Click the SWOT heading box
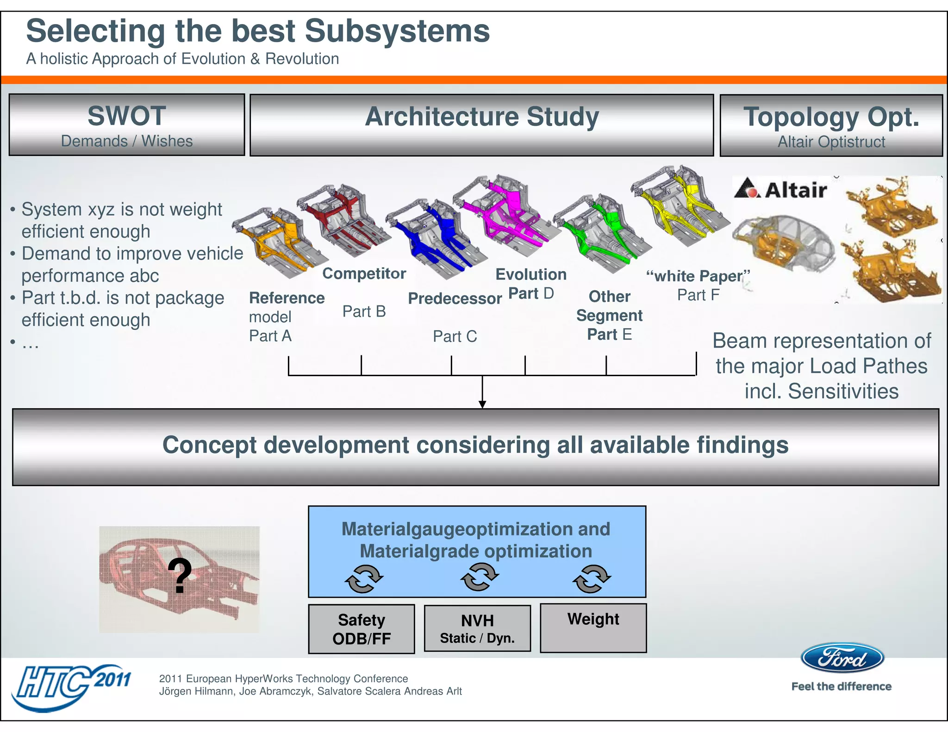pos(126,125)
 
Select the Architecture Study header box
pos(481,125)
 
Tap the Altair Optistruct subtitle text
pos(831,142)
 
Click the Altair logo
pos(780,189)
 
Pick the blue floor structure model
pos(437,238)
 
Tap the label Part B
pos(364,311)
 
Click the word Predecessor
pos(455,298)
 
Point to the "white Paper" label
pos(698,276)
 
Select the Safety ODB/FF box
pos(362,629)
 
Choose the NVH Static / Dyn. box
pos(477,628)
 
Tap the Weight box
pos(593,628)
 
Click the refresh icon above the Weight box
pos(592,578)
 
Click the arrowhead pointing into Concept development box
pos(482,404)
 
